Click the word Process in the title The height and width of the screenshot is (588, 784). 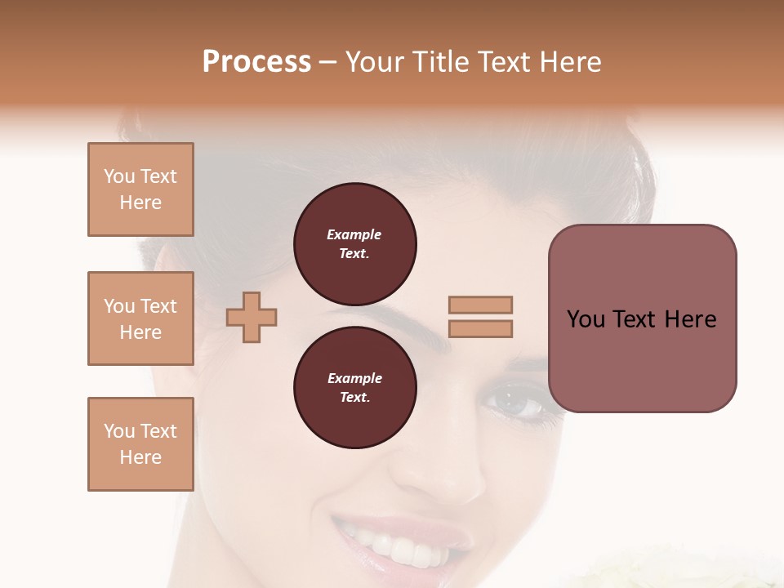(x=256, y=62)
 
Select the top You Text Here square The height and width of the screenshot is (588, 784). (x=140, y=189)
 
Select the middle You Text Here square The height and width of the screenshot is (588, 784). (x=140, y=318)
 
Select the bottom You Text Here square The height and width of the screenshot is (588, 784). (x=140, y=444)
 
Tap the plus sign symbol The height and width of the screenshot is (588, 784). (x=252, y=317)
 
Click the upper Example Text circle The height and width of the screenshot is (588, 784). (x=354, y=243)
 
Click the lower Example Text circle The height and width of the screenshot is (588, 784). (x=354, y=387)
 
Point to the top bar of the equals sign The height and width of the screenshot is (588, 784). (x=480, y=305)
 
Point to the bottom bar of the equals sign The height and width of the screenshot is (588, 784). (x=480, y=329)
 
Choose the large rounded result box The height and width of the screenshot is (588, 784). (x=642, y=318)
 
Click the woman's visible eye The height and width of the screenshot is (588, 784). (x=516, y=403)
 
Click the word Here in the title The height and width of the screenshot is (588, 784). (x=569, y=62)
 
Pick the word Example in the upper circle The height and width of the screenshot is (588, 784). (x=354, y=234)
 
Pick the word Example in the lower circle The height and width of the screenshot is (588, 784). (x=354, y=378)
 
